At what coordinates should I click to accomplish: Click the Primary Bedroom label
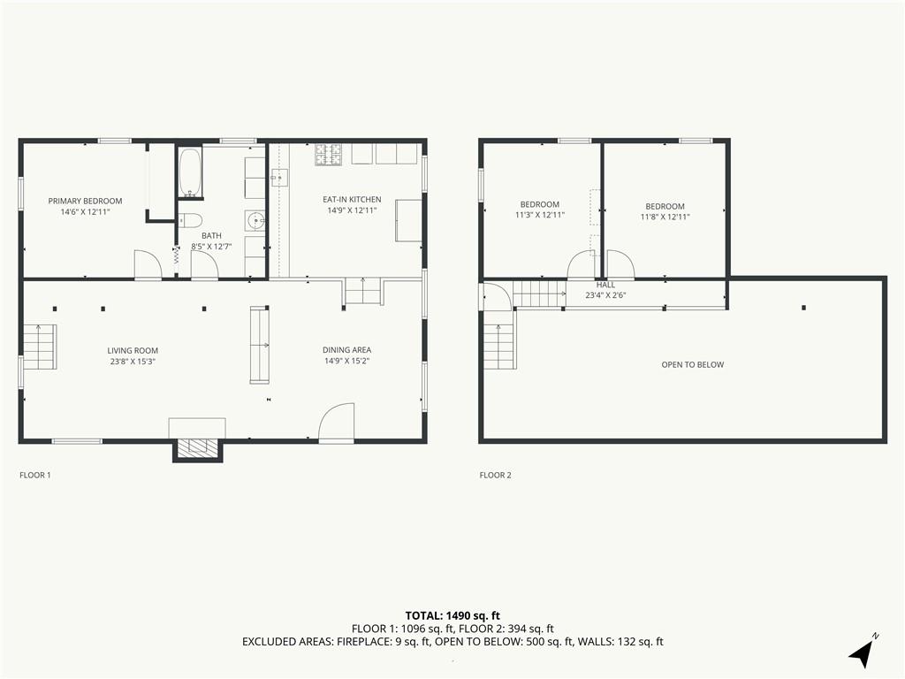(85, 201)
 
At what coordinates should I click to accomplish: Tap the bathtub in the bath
(190, 172)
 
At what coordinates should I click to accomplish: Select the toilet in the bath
(190, 220)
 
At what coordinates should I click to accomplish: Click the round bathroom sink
(255, 220)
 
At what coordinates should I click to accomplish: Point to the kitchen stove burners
(329, 154)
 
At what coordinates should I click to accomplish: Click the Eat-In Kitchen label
(352, 200)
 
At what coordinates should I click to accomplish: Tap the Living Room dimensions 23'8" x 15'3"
(133, 362)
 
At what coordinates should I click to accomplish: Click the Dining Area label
(346, 350)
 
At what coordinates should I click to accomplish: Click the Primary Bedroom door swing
(148, 265)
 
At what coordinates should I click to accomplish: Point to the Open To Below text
(693, 365)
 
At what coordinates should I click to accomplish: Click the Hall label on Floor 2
(605, 285)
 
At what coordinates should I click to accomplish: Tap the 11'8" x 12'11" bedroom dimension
(665, 217)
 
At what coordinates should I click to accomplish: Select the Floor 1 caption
(35, 475)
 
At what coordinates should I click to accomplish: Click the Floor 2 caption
(495, 475)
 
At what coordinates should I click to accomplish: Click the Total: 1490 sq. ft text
(452, 615)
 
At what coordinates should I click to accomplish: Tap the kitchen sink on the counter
(280, 178)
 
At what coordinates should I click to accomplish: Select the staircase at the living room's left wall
(40, 347)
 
